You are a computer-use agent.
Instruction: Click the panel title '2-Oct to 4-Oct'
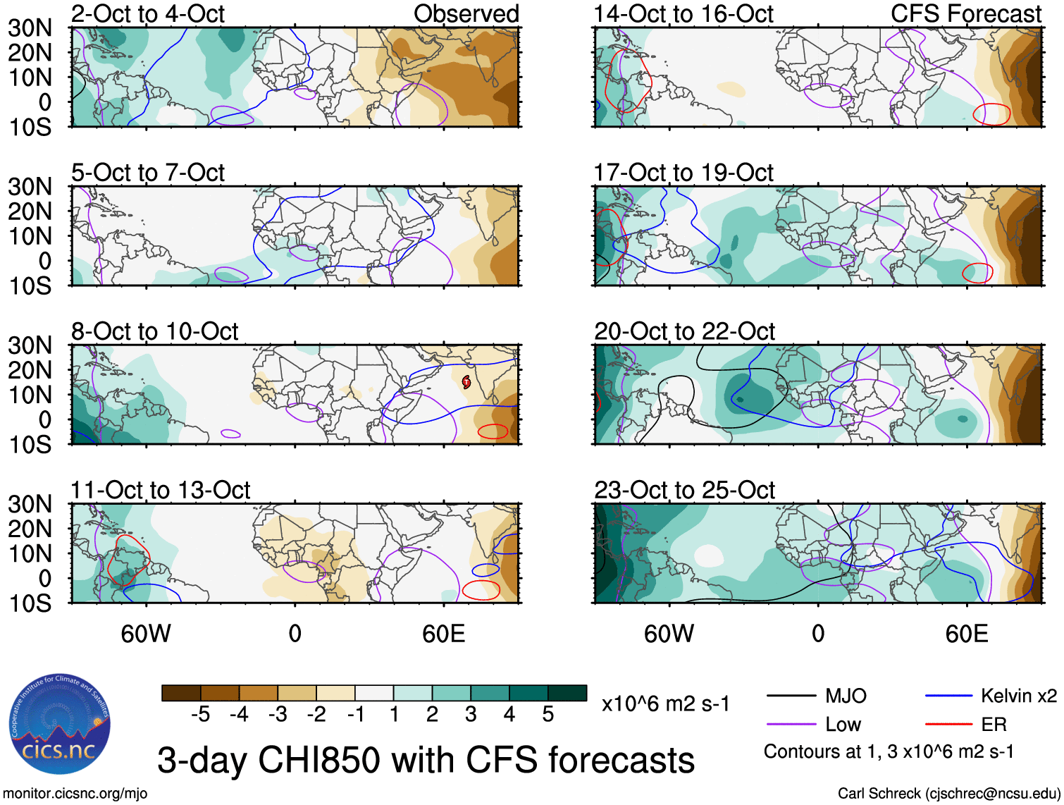click(x=148, y=13)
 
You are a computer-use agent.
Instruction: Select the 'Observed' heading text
click(x=466, y=13)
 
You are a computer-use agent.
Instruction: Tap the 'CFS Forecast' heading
click(x=965, y=13)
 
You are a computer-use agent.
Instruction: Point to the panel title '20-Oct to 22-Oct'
click(x=684, y=331)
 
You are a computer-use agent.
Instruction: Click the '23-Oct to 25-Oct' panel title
click(x=684, y=490)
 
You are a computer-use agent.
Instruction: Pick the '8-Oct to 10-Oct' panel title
click(x=154, y=331)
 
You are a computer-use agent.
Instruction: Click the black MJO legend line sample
click(x=791, y=696)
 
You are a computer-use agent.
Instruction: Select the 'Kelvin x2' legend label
click(x=1018, y=696)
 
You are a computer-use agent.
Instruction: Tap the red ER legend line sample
click(x=948, y=724)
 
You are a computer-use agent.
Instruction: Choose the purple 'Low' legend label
click(x=843, y=725)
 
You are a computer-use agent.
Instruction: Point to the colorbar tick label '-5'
click(x=200, y=715)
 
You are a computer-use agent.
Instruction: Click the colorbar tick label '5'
click(x=548, y=715)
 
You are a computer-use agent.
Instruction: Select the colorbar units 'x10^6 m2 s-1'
click(x=665, y=703)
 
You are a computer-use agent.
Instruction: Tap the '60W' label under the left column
click(x=146, y=634)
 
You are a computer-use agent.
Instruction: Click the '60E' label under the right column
click(x=966, y=634)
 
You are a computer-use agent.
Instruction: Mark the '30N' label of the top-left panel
click(x=30, y=28)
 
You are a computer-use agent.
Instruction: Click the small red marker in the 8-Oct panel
click(x=466, y=383)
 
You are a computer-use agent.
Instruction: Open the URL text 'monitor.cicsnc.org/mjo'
click(x=75, y=794)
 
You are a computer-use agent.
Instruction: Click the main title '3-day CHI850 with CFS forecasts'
click(x=426, y=760)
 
